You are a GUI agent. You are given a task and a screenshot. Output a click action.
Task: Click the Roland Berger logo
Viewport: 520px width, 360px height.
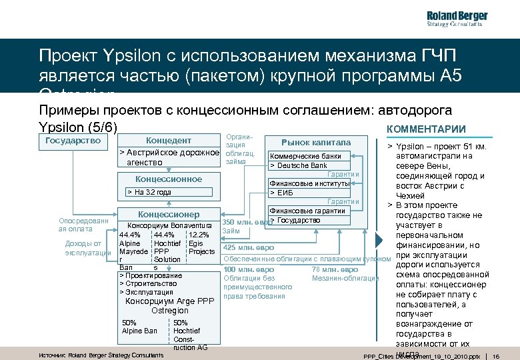point(457,20)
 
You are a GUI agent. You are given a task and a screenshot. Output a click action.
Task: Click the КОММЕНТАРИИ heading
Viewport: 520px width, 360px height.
point(426,129)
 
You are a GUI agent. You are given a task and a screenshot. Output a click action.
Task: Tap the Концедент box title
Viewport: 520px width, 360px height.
point(168,141)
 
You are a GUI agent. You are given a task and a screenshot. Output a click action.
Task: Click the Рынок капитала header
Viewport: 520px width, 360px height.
point(315,142)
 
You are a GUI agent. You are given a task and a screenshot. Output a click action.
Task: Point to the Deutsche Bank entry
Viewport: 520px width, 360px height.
point(297,165)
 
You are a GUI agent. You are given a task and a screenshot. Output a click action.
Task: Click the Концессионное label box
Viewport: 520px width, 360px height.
point(168,179)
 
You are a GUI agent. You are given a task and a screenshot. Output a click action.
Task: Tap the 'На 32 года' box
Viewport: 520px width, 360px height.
point(150,193)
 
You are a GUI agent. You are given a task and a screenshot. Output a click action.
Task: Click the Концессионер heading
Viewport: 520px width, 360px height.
point(168,215)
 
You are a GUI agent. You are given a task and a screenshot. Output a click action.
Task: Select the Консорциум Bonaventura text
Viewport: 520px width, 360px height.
point(169,225)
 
